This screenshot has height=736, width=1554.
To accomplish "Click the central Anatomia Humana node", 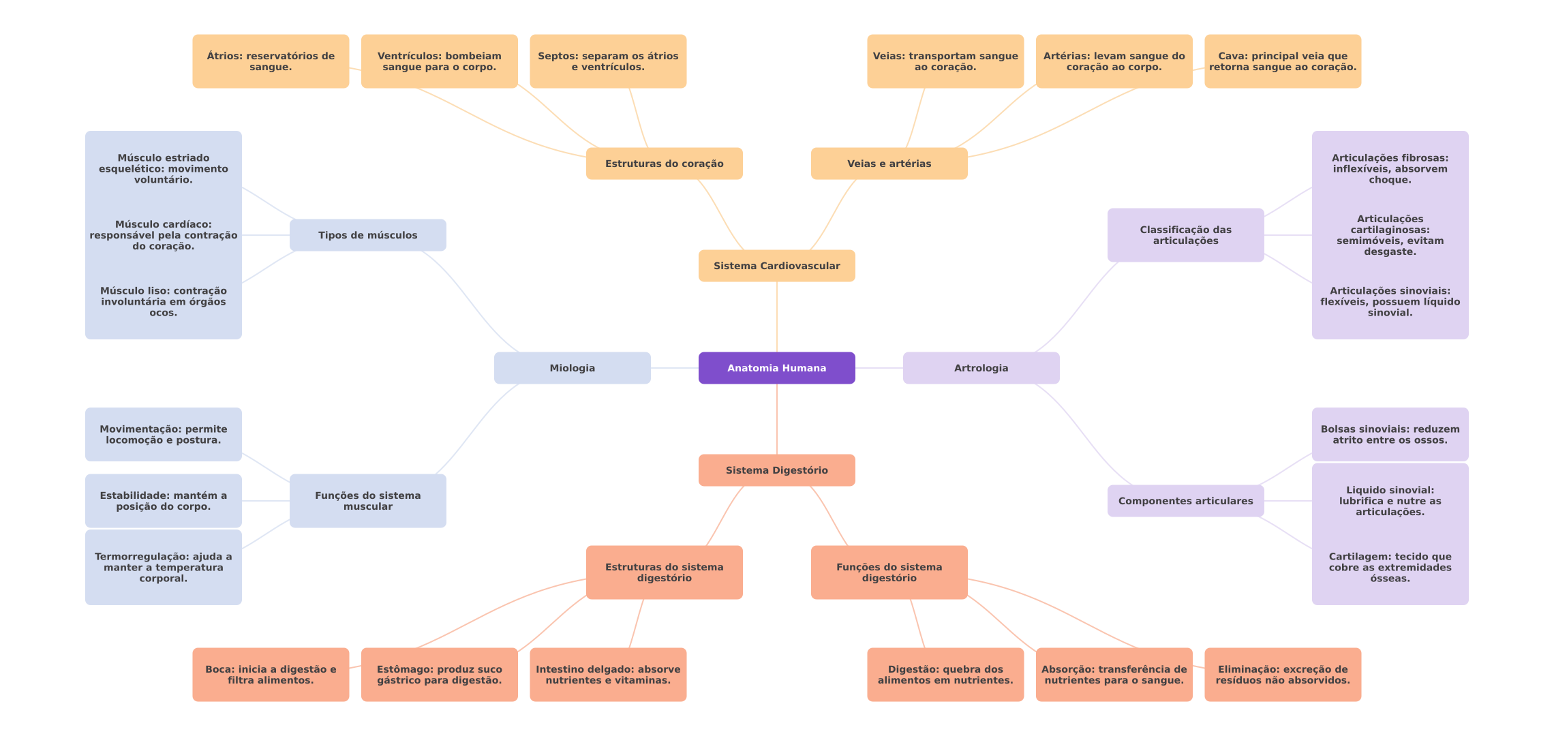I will tap(776, 368).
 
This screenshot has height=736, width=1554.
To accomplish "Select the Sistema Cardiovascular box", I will tap(776, 266).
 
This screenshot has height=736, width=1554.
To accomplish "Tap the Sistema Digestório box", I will tap(776, 470).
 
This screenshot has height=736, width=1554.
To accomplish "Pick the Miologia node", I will tap(572, 368).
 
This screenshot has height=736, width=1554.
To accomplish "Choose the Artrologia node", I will tap(981, 368).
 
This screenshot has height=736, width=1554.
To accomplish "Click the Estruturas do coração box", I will tap(664, 164).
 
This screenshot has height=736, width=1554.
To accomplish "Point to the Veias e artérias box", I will tap(889, 164).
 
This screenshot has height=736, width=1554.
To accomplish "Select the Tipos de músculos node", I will tap(367, 235).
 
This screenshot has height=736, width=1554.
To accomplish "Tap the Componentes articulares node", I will tap(1185, 501).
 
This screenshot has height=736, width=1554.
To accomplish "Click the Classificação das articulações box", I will tap(1185, 235).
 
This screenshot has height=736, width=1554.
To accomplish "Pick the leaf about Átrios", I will tap(271, 61).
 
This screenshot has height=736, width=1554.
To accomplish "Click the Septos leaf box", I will tap(608, 61).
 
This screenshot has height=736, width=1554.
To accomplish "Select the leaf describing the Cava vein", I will tap(1283, 61).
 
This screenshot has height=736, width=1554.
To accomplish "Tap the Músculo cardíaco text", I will tap(164, 235).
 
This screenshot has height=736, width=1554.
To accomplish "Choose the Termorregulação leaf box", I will tap(164, 567).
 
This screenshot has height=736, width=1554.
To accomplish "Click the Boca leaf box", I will tap(271, 675).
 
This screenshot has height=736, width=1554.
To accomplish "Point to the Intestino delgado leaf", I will tap(608, 675).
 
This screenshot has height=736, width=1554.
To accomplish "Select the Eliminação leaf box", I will tap(1283, 675).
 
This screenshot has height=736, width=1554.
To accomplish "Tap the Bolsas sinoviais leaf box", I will tap(1390, 435).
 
